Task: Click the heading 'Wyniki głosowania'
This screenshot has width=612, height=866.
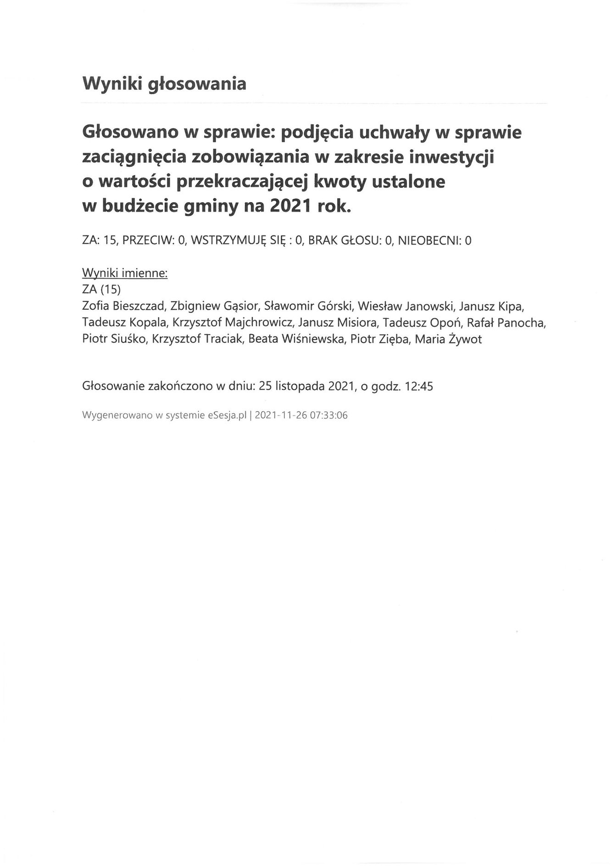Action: pos(164,84)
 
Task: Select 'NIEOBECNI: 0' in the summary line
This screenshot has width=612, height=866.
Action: pos(434,240)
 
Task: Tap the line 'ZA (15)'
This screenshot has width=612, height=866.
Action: pos(101,290)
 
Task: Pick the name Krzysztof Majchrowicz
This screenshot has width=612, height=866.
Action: pos(233,323)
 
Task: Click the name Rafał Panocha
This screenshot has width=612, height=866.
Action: pos(506,323)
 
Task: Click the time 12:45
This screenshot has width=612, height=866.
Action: pos(419,386)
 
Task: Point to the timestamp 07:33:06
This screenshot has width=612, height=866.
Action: pos(329,416)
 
